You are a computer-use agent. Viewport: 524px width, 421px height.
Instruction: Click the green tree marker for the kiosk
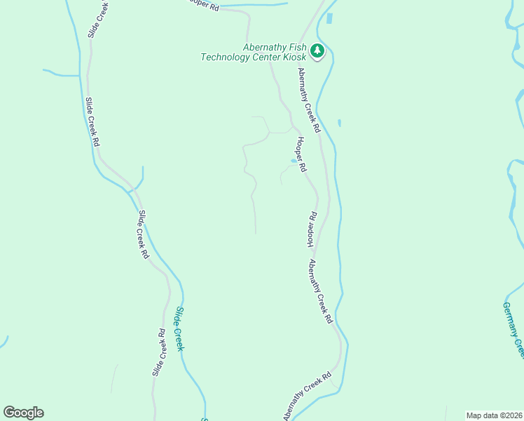(317, 51)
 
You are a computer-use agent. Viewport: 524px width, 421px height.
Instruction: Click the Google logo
(23, 413)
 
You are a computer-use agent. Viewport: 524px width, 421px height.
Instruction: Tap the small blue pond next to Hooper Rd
(293, 161)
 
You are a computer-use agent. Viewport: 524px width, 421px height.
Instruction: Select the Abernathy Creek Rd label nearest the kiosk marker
(308, 98)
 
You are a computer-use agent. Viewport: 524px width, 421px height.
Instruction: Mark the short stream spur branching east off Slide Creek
(139, 179)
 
